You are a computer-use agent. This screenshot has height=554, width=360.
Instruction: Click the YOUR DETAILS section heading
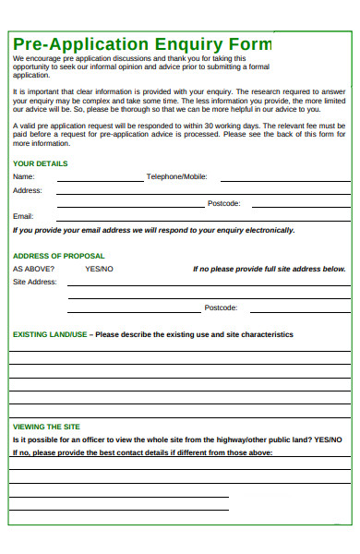pyautogui.click(x=40, y=163)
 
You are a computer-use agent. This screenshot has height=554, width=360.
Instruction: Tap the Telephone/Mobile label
pyautogui.click(x=176, y=176)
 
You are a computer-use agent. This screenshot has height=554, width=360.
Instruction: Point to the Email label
pyautogui.click(x=23, y=216)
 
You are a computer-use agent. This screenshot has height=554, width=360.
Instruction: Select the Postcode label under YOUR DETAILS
pyautogui.click(x=223, y=203)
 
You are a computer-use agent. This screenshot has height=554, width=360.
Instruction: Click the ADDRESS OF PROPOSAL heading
pyautogui.click(x=58, y=255)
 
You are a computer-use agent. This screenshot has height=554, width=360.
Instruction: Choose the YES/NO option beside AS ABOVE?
pyautogui.click(x=99, y=269)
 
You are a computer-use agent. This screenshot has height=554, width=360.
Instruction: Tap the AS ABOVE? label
pyautogui.click(x=33, y=269)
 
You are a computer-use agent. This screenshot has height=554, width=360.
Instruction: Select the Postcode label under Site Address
pyautogui.click(x=221, y=307)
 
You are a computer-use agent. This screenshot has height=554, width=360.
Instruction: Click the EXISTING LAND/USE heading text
pyautogui.click(x=49, y=334)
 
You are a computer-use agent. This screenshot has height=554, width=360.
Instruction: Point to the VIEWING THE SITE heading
pyautogui.click(x=46, y=427)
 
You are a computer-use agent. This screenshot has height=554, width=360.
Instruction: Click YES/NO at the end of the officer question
pyautogui.click(x=330, y=440)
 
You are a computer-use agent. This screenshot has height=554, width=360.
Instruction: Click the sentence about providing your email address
pyautogui.click(x=153, y=230)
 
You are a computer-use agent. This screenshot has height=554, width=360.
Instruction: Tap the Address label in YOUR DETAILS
pyautogui.click(x=27, y=190)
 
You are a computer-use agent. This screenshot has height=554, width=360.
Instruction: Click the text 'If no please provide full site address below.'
pyautogui.click(x=269, y=269)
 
